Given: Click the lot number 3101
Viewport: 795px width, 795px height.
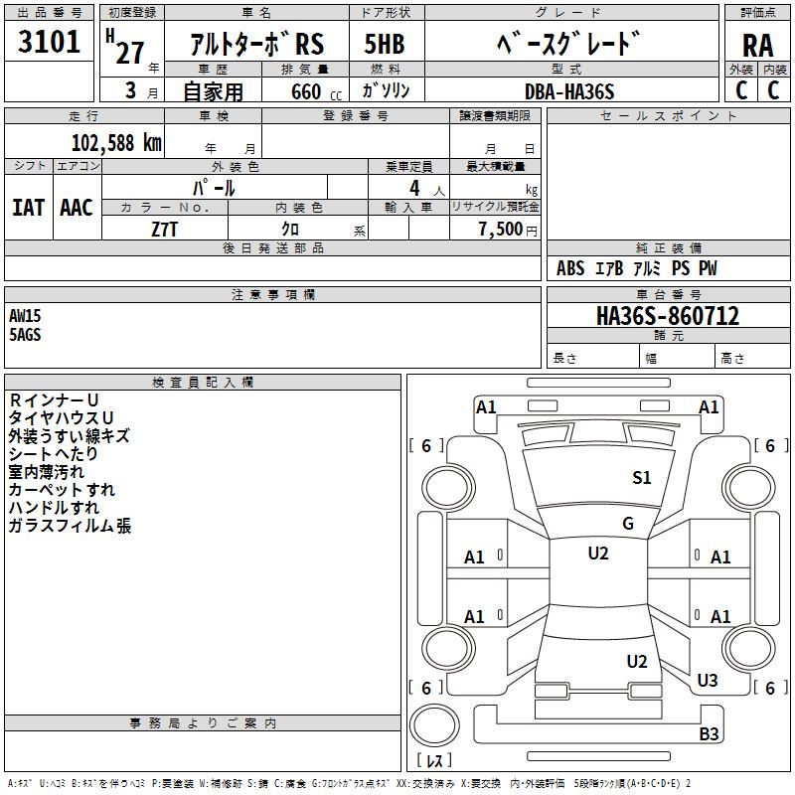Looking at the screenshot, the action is [x=49, y=42].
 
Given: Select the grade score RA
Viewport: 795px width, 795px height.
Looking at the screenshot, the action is [x=757, y=46].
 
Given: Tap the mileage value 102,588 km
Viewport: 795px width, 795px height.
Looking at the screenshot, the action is [x=116, y=143].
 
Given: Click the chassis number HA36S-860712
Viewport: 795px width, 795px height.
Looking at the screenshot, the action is [x=668, y=316].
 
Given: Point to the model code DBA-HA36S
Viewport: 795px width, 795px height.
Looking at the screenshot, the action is [x=569, y=91].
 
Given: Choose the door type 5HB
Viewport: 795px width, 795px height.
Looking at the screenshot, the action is [x=385, y=44].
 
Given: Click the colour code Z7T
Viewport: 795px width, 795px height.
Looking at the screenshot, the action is [x=164, y=230].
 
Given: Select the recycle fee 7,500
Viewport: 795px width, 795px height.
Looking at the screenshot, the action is [x=501, y=230].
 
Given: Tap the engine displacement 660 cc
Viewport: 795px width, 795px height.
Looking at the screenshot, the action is [x=316, y=92].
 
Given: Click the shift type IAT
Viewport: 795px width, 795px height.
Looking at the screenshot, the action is [x=28, y=208].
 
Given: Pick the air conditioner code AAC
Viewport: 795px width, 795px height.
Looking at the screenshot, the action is [x=77, y=208].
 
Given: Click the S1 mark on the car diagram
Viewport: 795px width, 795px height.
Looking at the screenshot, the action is [x=641, y=478].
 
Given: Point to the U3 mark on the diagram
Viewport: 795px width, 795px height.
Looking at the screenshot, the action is [x=708, y=680].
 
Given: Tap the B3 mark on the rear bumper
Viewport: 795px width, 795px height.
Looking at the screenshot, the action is [x=709, y=733].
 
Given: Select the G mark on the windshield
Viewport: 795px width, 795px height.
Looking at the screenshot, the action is [x=628, y=523].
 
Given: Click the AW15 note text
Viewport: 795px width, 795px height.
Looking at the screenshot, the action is [x=25, y=316].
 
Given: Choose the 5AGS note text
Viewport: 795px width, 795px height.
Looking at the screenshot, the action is [x=25, y=335].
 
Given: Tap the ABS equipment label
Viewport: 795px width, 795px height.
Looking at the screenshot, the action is [x=570, y=268].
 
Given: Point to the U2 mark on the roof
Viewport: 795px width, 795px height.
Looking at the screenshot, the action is [x=598, y=554].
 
